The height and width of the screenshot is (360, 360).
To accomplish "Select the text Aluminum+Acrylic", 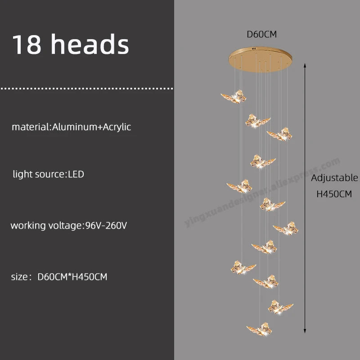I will [x=92, y=127].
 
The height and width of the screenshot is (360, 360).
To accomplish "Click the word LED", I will [x=76, y=174].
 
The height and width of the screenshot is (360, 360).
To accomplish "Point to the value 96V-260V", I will [x=106, y=225].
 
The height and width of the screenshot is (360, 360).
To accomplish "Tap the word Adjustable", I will [x=335, y=178].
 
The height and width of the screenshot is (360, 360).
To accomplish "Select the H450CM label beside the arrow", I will [x=334, y=195].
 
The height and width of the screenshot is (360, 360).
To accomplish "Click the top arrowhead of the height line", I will [x=306, y=66].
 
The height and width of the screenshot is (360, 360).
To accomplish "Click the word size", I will [x=20, y=277].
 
